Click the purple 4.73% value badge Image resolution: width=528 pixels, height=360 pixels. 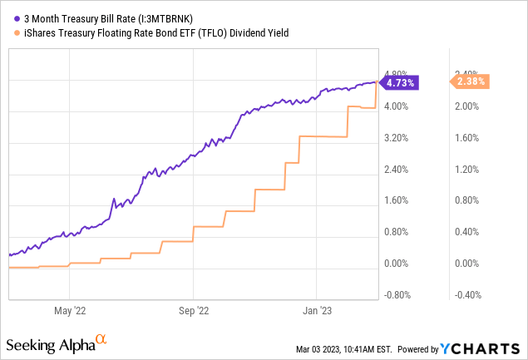click(x=399, y=82)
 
